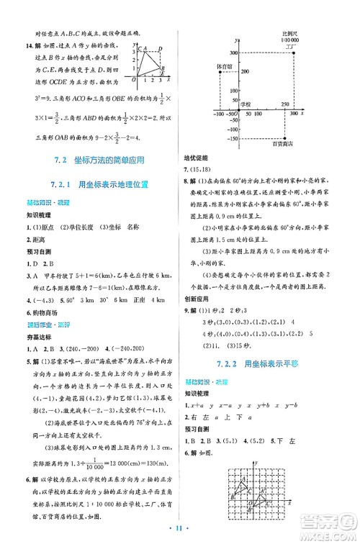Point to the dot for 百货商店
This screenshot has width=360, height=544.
[x=285, y=139]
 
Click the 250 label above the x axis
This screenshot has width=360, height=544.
[x=286, y=104]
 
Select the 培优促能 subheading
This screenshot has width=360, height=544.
[x=202, y=163]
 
